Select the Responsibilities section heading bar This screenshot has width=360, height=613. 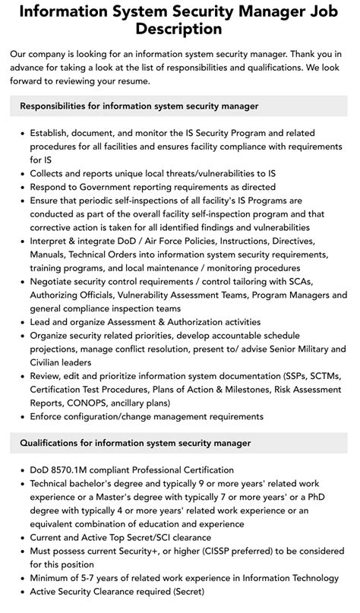coord(179,106)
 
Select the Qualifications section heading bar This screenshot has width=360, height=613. coord(179,443)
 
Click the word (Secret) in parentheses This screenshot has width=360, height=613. coord(216,593)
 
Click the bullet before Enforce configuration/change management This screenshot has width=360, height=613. coord(18,417)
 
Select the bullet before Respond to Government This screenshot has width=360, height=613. coord(18,187)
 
